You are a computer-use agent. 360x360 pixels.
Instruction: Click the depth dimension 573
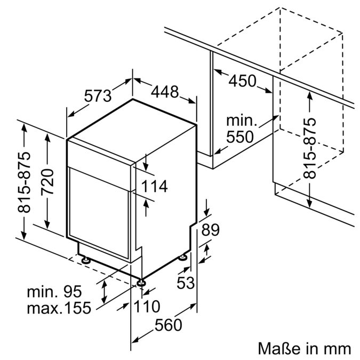[x=98, y=96]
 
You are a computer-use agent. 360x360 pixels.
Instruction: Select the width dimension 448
[x=163, y=92]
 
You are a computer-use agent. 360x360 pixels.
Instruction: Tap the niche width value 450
[x=243, y=81]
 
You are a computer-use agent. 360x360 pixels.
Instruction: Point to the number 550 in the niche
[x=240, y=137]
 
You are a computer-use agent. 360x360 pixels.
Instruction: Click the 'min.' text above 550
[x=242, y=121]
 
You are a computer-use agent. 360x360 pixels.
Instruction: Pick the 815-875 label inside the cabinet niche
[x=309, y=148]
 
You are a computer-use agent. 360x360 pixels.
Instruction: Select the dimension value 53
[x=186, y=283]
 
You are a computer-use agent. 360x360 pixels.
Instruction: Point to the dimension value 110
[x=147, y=307]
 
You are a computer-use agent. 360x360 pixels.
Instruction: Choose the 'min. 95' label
[x=54, y=292]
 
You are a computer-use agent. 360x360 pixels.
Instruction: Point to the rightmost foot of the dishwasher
[x=183, y=257]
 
